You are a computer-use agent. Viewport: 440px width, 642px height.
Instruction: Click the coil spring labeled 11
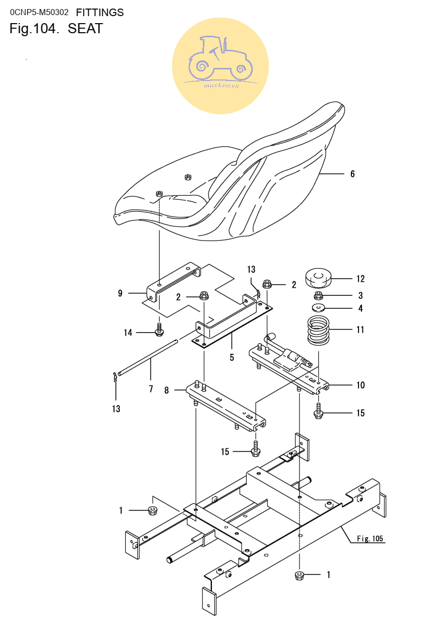[x=318, y=330]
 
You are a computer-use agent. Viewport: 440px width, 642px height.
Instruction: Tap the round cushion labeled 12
[x=318, y=278]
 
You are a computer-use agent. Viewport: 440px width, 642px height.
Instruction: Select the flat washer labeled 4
[x=318, y=307]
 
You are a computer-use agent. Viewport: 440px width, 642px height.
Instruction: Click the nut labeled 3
[x=318, y=295]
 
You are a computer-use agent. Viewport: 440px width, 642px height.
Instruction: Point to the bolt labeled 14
[x=160, y=330]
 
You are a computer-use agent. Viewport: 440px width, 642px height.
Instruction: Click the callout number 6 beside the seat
[x=352, y=174]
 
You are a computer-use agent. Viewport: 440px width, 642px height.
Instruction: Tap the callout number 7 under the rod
[x=151, y=389]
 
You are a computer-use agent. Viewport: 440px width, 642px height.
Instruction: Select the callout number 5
[x=232, y=357]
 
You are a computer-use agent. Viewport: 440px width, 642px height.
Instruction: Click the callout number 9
[x=120, y=293]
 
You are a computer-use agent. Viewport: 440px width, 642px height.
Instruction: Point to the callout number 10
[x=360, y=385]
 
